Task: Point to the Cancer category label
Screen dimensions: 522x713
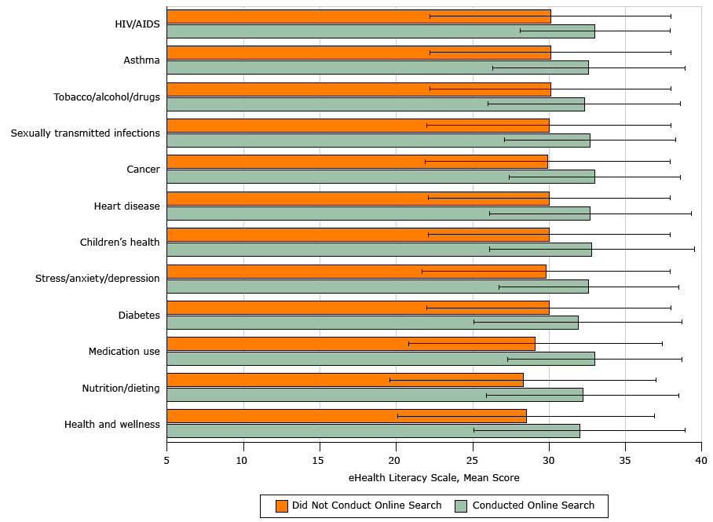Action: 143,170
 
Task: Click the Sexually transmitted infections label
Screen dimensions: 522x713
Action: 85,133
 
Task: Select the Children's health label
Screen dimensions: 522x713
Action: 119,243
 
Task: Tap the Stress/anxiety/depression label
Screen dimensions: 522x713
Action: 97,279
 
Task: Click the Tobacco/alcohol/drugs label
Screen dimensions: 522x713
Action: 107,97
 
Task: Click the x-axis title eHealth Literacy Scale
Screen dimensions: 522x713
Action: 433,477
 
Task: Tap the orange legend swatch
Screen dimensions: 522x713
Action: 282,506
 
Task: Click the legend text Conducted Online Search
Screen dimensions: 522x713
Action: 533,506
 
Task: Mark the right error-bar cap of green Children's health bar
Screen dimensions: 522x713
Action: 694,249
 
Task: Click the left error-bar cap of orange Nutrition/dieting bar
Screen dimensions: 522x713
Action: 389,380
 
